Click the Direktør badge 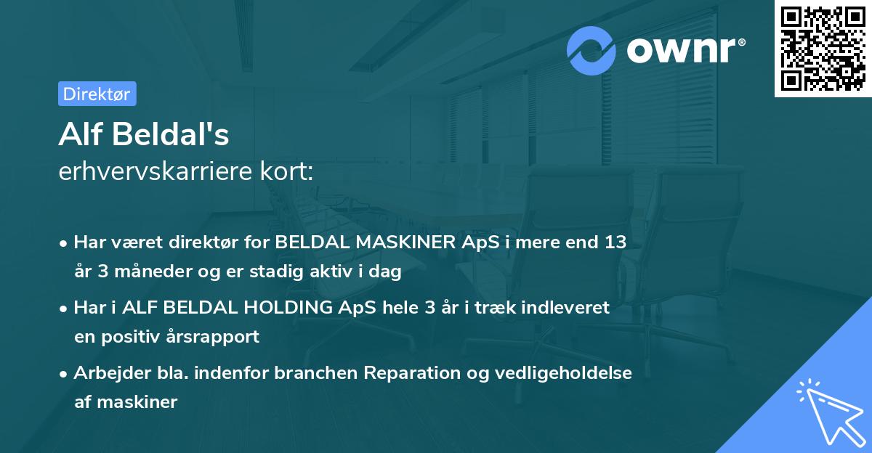(x=97, y=94)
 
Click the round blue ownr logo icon (x=592, y=50)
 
